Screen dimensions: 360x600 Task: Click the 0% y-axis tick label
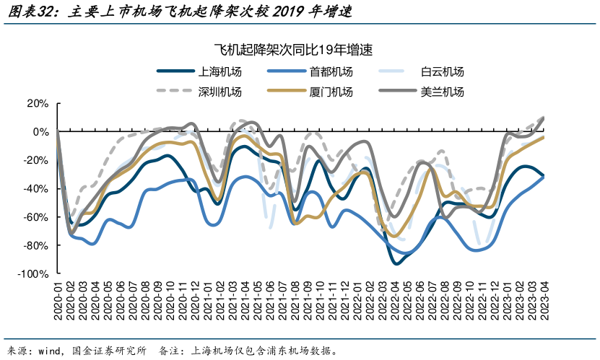pos(40,132)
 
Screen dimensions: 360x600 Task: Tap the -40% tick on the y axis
pos(36,189)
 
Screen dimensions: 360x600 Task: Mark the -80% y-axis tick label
pos(36,246)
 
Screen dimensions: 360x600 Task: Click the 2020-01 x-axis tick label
pos(58,300)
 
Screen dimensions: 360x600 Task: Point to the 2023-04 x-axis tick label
pos(543,300)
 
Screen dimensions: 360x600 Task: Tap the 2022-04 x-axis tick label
pos(394,300)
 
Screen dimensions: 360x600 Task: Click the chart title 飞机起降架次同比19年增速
pos(299,49)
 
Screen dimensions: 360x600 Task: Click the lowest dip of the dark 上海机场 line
pos(395,263)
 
